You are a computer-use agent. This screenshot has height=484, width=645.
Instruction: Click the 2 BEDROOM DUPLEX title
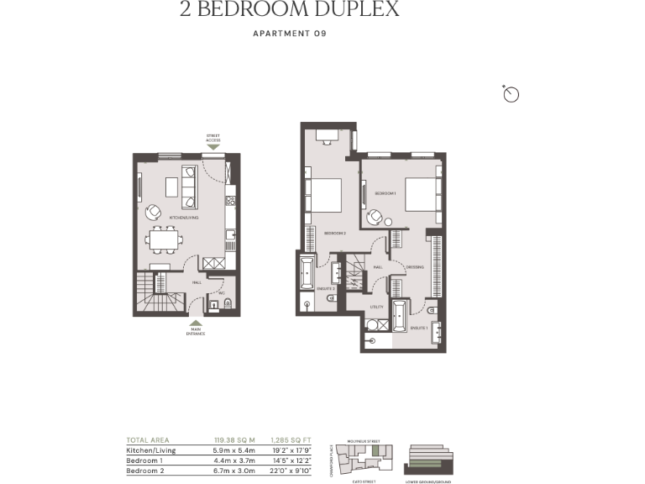(x=289, y=10)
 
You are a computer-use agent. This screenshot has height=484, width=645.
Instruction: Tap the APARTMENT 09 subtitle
(x=289, y=34)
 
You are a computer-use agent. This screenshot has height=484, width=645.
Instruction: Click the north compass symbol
(x=511, y=94)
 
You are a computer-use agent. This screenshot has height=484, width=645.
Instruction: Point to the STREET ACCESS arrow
(x=213, y=146)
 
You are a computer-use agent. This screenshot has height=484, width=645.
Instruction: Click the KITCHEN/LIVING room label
(x=184, y=218)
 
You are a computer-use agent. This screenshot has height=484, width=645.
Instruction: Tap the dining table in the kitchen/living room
(x=162, y=241)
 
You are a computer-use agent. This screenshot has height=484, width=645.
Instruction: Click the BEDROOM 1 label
(x=385, y=193)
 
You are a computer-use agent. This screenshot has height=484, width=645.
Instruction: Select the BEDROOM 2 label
(x=335, y=233)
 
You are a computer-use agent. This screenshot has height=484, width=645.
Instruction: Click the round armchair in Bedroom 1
(x=375, y=217)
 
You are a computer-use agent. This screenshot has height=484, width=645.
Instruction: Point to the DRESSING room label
(x=414, y=267)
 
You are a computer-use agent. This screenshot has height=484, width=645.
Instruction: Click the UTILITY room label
(x=377, y=307)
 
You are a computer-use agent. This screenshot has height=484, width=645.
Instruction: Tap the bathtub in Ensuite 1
(x=398, y=316)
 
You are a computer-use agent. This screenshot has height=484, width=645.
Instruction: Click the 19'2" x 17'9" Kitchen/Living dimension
(x=290, y=450)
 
